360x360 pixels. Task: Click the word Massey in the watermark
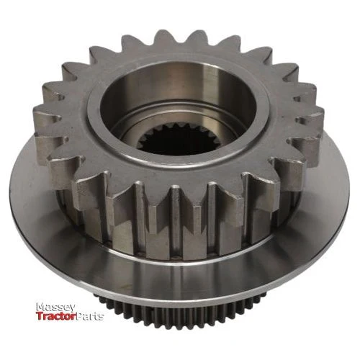(55, 307)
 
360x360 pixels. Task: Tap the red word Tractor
(56, 316)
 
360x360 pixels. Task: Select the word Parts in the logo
(89, 317)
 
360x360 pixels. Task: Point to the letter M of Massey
(40, 307)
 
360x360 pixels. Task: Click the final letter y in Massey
(72, 308)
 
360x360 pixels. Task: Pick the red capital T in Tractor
(40, 316)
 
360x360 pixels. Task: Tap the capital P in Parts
(79, 317)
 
